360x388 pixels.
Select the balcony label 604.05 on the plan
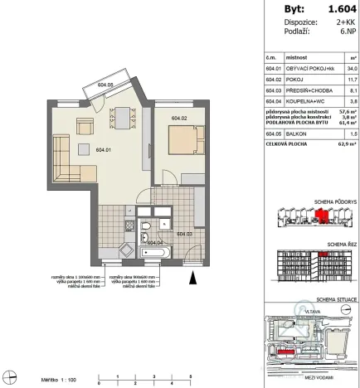pos(105,84)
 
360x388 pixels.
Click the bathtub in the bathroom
pos(156,250)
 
